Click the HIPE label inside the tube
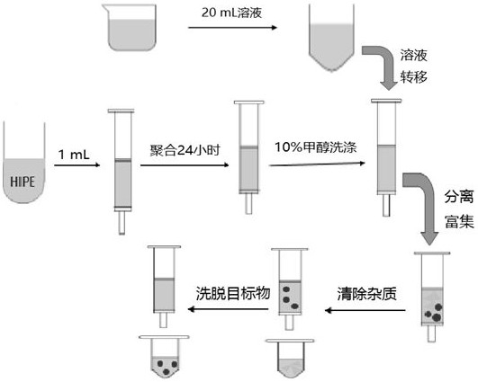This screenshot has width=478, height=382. click(23, 182)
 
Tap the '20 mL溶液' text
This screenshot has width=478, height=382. click(231, 13)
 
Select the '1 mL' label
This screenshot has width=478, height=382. click(74, 155)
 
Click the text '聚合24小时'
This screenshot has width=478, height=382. click(185, 150)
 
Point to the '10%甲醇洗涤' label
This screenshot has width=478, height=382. click(316, 147)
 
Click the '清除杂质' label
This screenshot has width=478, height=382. click(367, 294)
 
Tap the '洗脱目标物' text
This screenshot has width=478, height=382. click(233, 294)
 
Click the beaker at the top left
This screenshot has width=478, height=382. click(132, 27)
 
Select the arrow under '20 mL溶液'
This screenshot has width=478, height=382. click(232, 27)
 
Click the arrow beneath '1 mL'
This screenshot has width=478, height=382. click(77, 165)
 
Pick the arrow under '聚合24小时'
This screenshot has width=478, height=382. click(185, 165)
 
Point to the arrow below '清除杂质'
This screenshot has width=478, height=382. click(365, 310)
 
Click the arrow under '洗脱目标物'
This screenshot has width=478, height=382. click(228, 309)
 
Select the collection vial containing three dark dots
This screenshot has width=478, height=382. click(164, 357)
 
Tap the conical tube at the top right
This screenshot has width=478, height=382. click(331, 38)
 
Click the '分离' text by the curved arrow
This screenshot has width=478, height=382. click(459, 197)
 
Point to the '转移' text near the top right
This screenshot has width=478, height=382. click(414, 76)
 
